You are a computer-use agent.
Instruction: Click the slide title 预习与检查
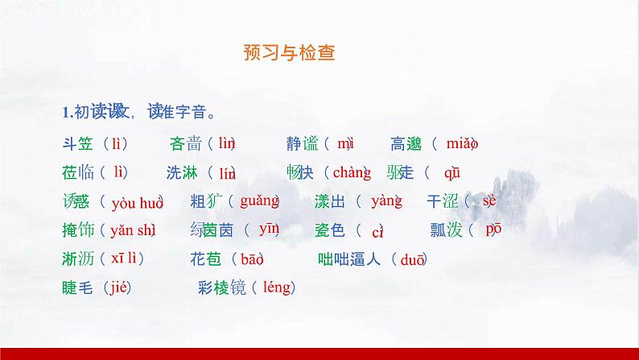coord(289,54)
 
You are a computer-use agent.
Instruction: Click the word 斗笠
coord(78,144)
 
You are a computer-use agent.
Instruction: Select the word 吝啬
coord(186,144)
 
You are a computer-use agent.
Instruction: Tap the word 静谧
coord(303,144)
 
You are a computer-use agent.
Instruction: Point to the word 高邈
coord(406,144)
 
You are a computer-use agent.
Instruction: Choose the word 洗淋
coord(183,172)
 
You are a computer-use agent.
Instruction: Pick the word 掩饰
coord(78,230)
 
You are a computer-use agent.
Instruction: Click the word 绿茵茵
coord(212,230)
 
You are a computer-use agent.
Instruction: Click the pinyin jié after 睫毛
coord(117,287)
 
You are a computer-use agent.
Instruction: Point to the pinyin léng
coord(277,287)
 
